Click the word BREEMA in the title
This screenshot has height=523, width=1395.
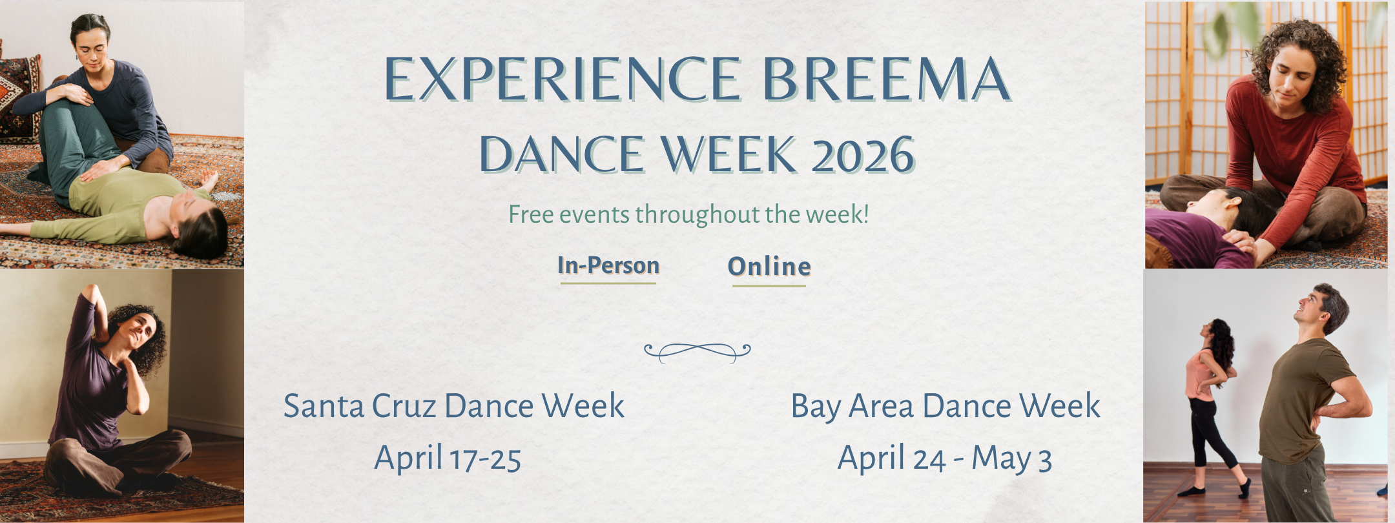click(886, 79)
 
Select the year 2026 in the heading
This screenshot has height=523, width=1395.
click(863, 156)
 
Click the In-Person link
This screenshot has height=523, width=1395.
click(608, 266)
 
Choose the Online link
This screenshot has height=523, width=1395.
click(769, 267)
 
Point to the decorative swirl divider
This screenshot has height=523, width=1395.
click(697, 351)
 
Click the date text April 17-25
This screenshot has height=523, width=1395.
click(448, 458)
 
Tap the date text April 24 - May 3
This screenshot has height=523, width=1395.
click(945, 458)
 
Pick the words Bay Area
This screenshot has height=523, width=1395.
click(852, 406)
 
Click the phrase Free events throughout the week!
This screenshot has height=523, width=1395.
click(688, 214)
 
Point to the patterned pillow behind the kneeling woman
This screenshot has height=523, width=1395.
click(18, 97)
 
